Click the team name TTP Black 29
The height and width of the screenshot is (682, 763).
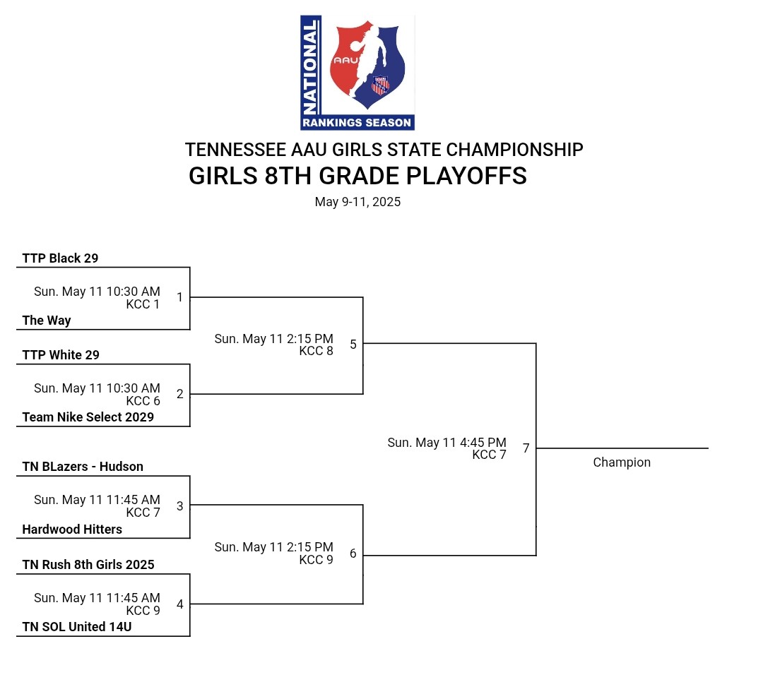60,258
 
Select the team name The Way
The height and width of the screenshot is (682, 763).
47,321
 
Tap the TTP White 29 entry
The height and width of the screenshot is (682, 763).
61,355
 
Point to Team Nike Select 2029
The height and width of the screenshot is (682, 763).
88,417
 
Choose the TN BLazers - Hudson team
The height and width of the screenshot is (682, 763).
83,467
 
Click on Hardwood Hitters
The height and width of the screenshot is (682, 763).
72,530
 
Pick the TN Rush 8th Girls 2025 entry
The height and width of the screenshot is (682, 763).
88,565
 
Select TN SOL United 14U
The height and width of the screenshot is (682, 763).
77,627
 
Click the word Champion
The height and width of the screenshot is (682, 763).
622,462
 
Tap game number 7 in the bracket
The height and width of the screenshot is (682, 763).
526,448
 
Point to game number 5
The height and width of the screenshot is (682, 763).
353,345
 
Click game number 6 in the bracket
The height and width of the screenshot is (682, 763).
353,554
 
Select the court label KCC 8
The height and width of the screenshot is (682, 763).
316,351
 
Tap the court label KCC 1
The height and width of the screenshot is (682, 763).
143,304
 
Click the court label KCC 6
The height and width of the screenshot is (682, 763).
143,401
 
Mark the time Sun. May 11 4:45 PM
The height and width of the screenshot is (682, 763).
446,443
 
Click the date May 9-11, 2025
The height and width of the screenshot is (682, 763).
357,202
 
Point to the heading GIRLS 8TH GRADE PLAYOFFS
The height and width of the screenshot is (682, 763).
357,176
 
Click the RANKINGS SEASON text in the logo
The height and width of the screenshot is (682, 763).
357,123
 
